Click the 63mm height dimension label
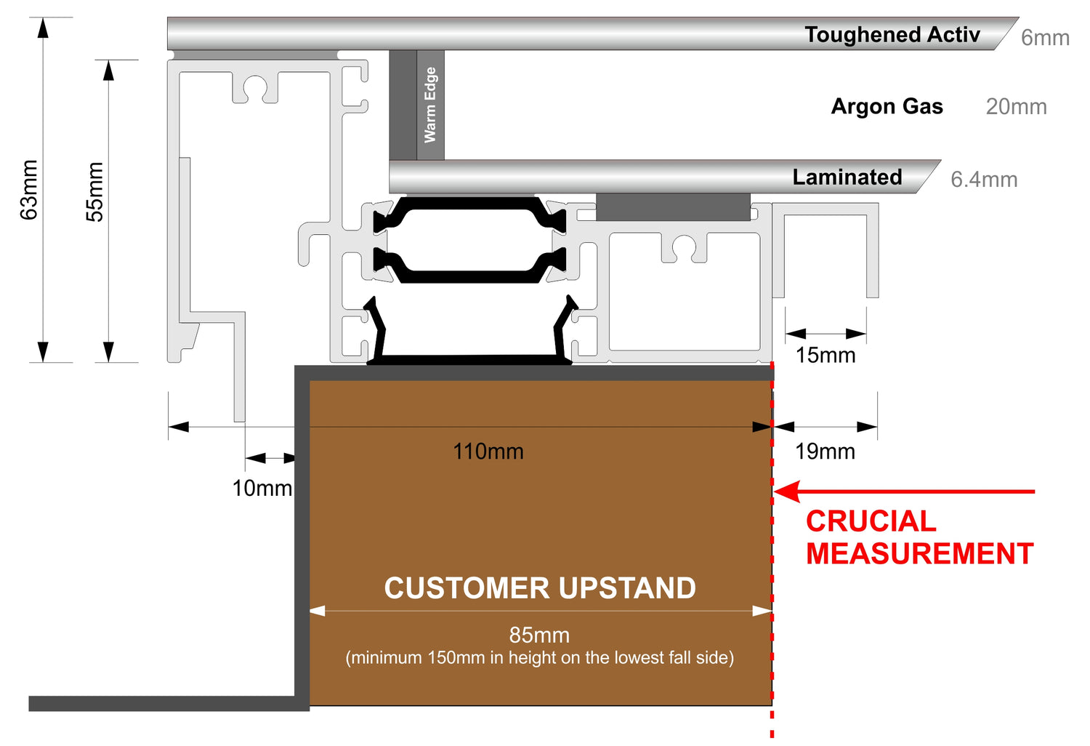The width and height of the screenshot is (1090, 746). [x=29, y=190]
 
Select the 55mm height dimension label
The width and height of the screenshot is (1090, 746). [x=95, y=192]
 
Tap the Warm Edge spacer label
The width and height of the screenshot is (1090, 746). [x=430, y=105]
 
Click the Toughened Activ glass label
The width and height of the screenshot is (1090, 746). [x=892, y=35]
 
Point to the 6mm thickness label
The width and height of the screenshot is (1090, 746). [x=1045, y=38]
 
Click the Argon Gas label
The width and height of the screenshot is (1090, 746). [x=887, y=106]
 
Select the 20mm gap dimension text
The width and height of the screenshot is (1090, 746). [x=1017, y=107]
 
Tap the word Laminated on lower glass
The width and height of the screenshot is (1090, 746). [x=847, y=177]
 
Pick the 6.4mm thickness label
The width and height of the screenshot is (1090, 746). [x=985, y=180]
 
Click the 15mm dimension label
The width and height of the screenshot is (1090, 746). [x=825, y=355]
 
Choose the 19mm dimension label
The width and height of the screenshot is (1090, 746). [x=825, y=452]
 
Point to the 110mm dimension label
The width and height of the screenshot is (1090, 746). [x=488, y=452]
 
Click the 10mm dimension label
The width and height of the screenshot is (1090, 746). [x=262, y=488]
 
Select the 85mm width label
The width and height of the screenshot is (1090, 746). [x=539, y=635]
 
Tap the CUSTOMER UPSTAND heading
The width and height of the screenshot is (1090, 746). [x=540, y=587]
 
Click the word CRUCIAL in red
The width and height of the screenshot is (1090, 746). [x=871, y=521]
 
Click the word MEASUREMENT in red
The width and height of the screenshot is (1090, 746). [x=920, y=553]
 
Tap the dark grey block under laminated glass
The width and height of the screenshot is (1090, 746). [x=673, y=207]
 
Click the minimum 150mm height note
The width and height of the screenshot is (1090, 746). [x=540, y=658]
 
